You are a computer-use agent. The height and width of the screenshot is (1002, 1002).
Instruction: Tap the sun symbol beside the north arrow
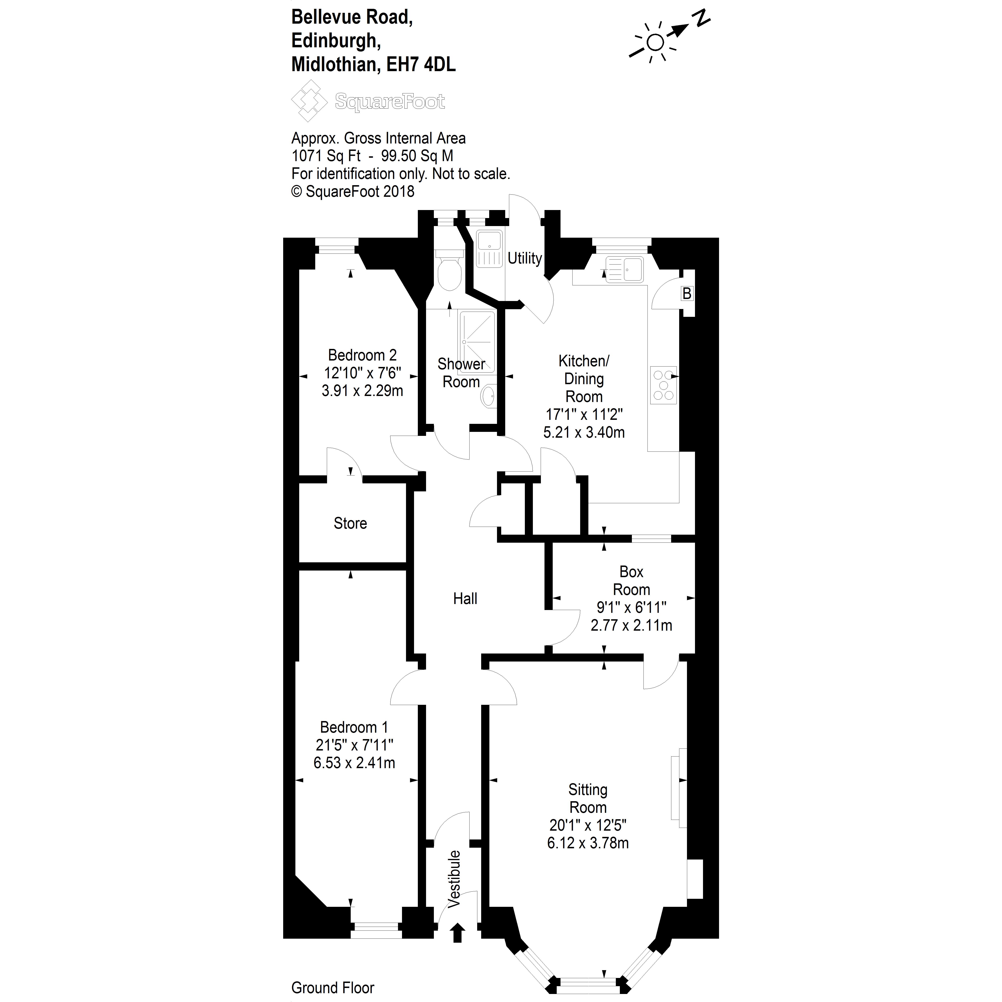[x=655, y=42]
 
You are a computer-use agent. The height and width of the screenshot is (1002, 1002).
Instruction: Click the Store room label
[x=350, y=523]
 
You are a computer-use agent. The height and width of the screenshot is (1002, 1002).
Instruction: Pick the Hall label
[x=465, y=599]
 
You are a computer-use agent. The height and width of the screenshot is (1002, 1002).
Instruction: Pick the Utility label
[x=524, y=258]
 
